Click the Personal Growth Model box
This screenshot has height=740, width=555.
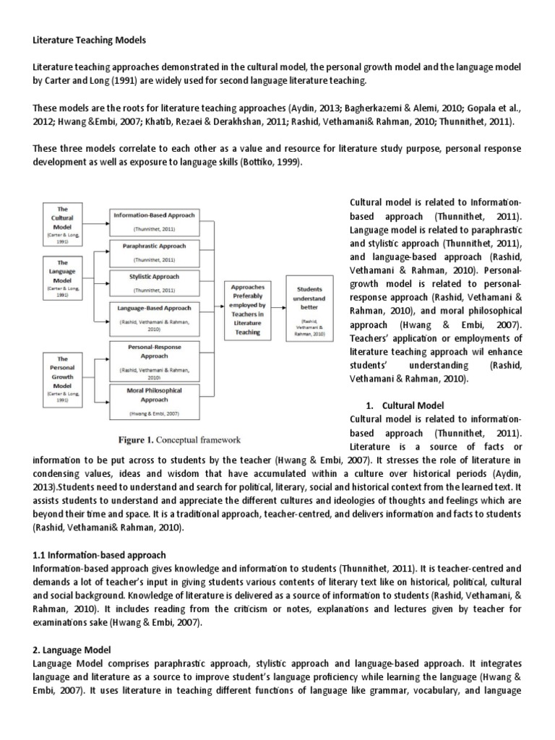[x=62, y=373]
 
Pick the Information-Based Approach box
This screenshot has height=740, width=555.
[x=152, y=220]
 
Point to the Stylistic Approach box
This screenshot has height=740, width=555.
[x=152, y=282]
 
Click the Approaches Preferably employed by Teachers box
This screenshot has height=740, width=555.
[x=248, y=308]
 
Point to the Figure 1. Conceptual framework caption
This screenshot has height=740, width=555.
[x=179, y=439]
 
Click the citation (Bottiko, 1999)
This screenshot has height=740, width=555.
[x=262, y=162]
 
